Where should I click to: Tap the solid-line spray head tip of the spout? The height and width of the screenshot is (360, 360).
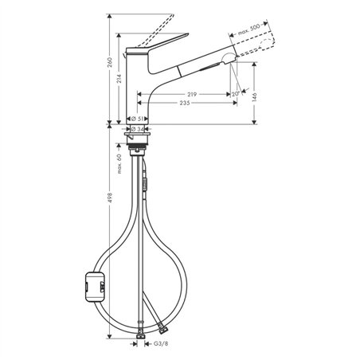[226, 59]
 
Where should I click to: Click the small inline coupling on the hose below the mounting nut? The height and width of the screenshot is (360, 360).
[145, 184]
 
